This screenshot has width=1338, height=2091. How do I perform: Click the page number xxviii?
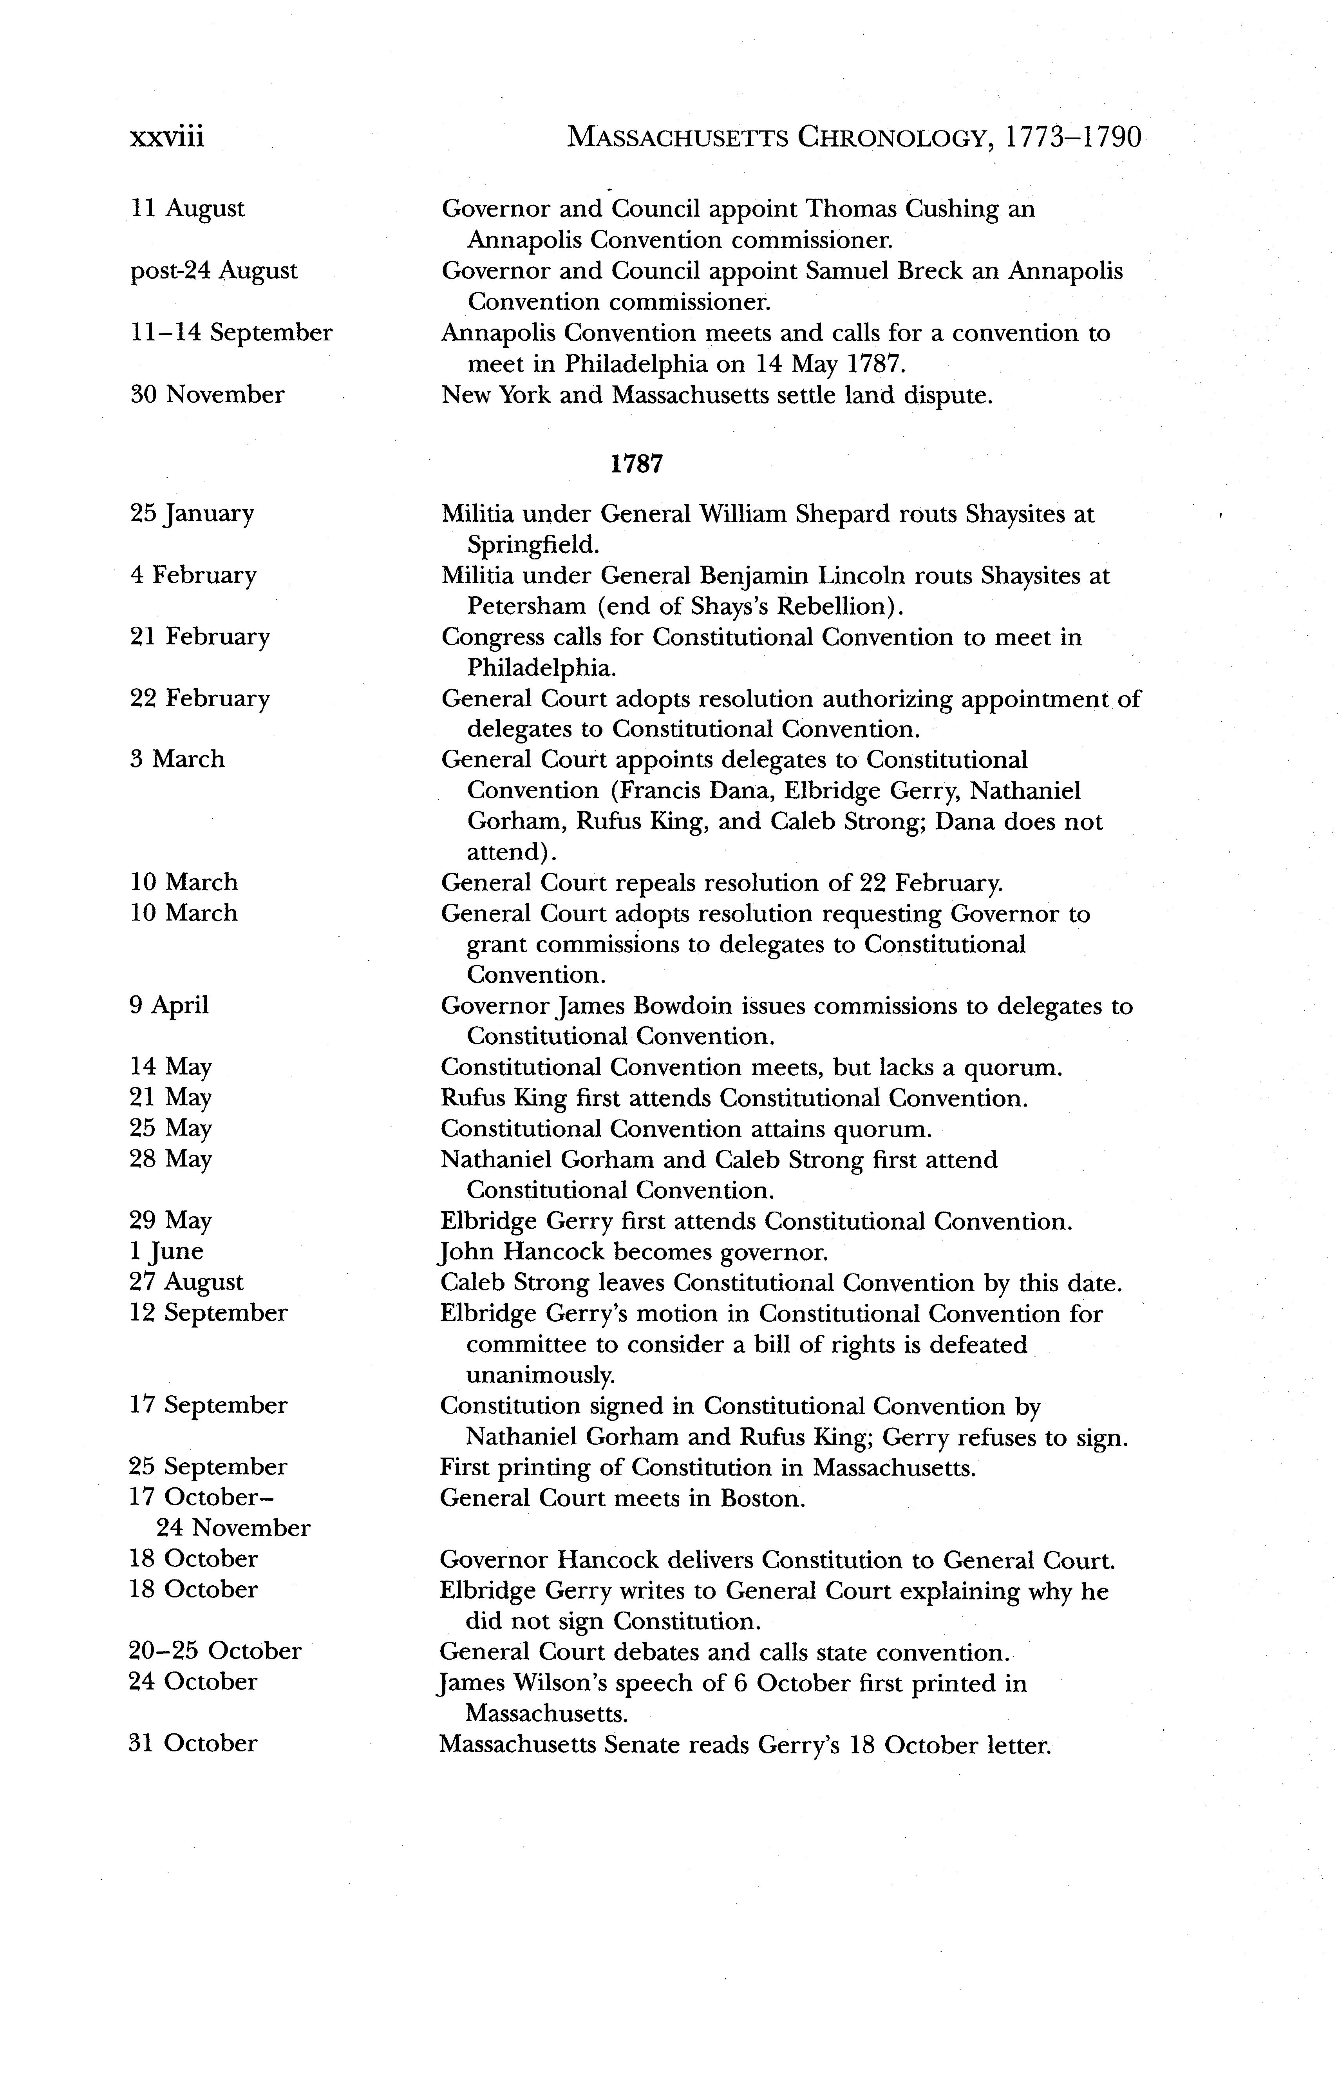[167, 137]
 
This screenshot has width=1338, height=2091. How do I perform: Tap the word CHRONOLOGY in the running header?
[894, 137]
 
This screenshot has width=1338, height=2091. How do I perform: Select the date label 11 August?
[188, 208]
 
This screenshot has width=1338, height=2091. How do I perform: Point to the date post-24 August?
[214, 271]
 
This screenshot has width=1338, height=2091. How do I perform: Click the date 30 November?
[207, 395]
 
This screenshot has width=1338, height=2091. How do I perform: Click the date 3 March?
[177, 759]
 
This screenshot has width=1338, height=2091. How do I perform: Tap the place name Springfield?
[533, 544]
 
